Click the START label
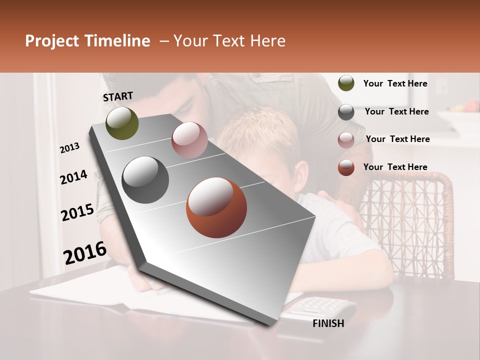click(x=118, y=96)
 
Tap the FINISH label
click(x=328, y=323)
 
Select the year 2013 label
click(x=70, y=147)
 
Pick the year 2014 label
click(x=73, y=177)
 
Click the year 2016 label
click(x=85, y=252)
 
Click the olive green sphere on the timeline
click(x=122, y=123)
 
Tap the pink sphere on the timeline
click(x=189, y=140)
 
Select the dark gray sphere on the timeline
click(x=145, y=180)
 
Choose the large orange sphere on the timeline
click(x=216, y=207)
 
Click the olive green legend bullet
click(x=346, y=83)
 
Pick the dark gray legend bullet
click(x=346, y=112)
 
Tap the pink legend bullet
click(x=346, y=140)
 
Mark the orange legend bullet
click(x=346, y=167)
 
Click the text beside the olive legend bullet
click(x=395, y=83)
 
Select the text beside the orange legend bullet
click(x=395, y=167)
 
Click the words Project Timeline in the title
click(x=87, y=41)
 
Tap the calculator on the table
click(x=325, y=305)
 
